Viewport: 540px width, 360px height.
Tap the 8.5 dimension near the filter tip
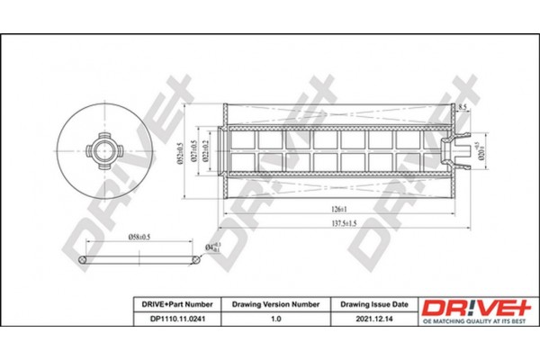463,108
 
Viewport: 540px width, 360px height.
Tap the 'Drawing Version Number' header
271,305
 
